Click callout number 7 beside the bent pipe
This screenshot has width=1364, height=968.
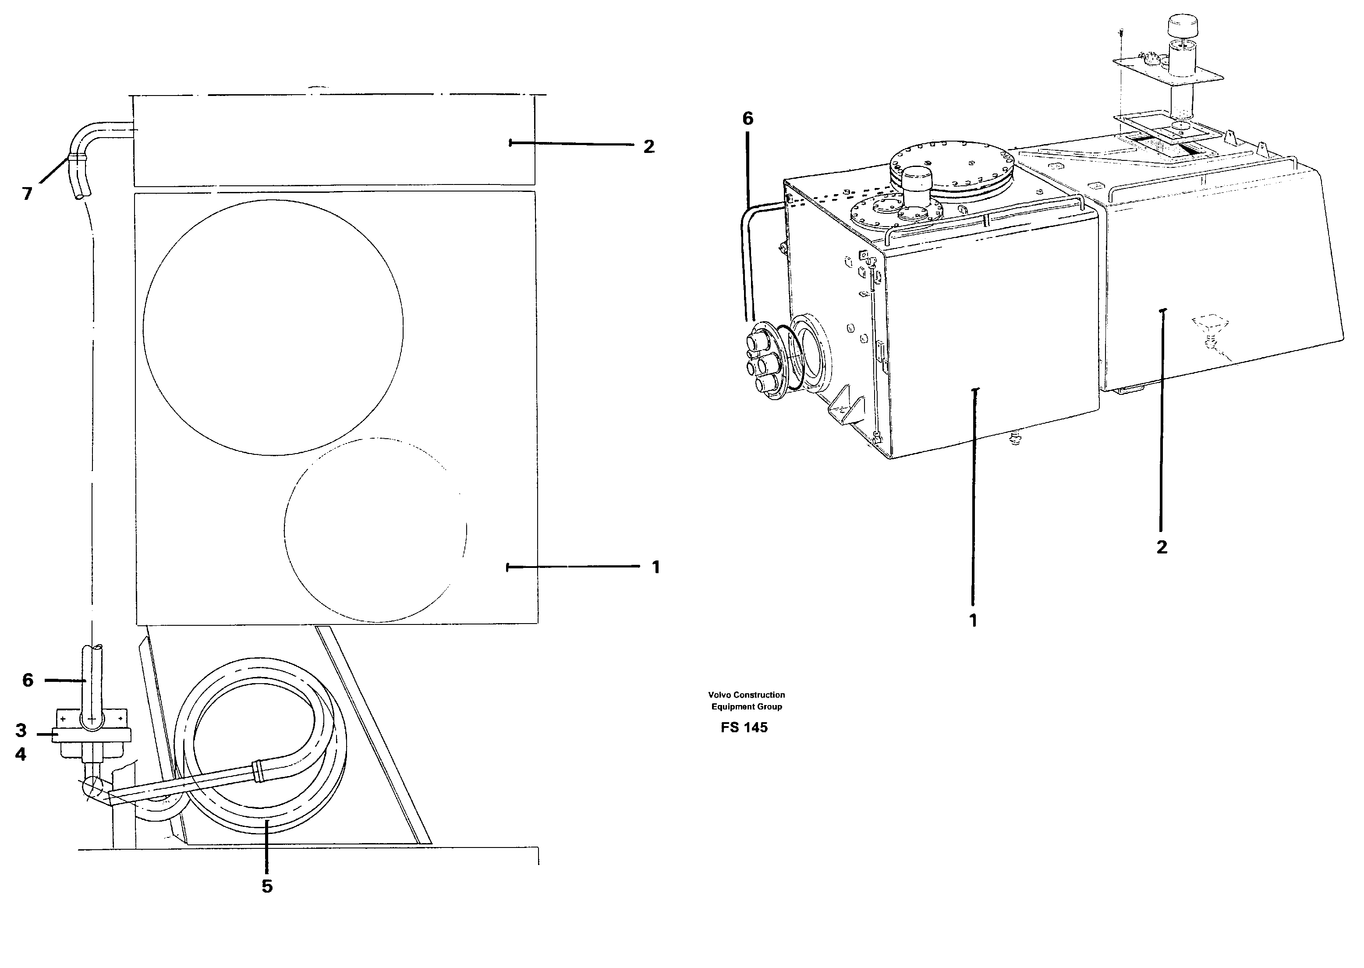pyautogui.click(x=27, y=194)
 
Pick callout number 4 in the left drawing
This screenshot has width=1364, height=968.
pyautogui.click(x=21, y=755)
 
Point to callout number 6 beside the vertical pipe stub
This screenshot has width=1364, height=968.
pyautogui.click(x=28, y=680)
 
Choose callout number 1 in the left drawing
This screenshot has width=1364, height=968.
pyautogui.click(x=656, y=567)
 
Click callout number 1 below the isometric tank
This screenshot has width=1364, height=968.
pyautogui.click(x=973, y=621)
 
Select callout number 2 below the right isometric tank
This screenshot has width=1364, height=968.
pyautogui.click(x=1162, y=547)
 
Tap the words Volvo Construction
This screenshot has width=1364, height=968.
pyautogui.click(x=746, y=695)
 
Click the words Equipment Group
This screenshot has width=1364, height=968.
pyautogui.click(x=746, y=706)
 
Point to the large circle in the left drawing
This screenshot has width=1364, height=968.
pyautogui.click(x=273, y=327)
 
